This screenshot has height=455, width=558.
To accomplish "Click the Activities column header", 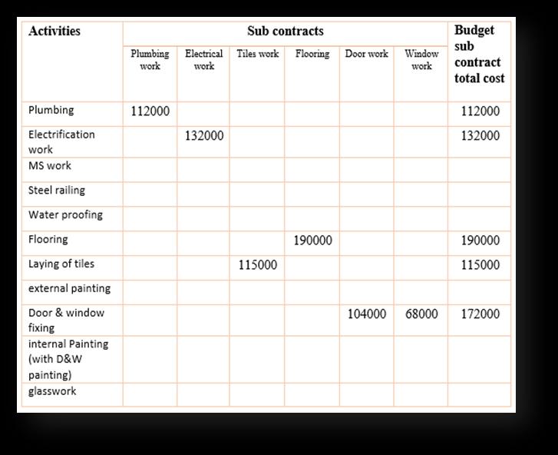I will pyautogui.click(x=54, y=32).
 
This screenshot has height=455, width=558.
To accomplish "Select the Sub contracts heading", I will pyautogui.click(x=285, y=32).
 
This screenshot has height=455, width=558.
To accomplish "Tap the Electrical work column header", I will pyautogui.click(x=203, y=60).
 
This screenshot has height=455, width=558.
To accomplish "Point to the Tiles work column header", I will pyautogui.click(x=258, y=54).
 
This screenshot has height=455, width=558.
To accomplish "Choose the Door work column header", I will pyautogui.click(x=366, y=54).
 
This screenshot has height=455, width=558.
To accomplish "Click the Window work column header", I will pyautogui.click(x=421, y=60).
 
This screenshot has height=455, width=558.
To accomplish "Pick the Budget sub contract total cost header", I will pyautogui.click(x=480, y=54).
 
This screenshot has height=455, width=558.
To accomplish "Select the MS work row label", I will pyautogui.click(x=50, y=166).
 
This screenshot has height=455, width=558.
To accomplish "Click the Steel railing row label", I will pyautogui.click(x=57, y=191).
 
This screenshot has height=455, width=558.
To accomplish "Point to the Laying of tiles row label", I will pyautogui.click(x=61, y=264).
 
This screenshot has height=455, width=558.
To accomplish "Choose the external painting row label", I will pyautogui.click(x=69, y=289).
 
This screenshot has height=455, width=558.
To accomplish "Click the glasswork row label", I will pyautogui.click(x=52, y=392).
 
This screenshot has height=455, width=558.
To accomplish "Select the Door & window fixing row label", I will pyautogui.click(x=66, y=320).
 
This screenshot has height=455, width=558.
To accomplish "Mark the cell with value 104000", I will pyautogui.click(x=367, y=314).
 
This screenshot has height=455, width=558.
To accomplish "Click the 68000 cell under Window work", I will pyautogui.click(x=421, y=314).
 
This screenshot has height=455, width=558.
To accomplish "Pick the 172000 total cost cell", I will pyautogui.click(x=480, y=314).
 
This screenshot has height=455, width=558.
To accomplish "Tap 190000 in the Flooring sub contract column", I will pyautogui.click(x=312, y=241).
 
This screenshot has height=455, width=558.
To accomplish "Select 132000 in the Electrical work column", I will pyautogui.click(x=204, y=136).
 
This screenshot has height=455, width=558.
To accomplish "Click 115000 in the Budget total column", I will pyautogui.click(x=480, y=265).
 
